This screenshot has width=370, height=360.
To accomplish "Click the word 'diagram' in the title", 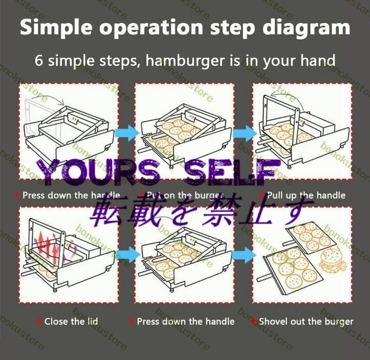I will (x=305, y=28).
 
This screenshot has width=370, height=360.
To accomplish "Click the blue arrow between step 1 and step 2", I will (x=127, y=133).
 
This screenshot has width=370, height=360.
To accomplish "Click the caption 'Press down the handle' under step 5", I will (x=186, y=322).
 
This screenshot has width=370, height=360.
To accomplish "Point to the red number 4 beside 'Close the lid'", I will (x=39, y=322).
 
